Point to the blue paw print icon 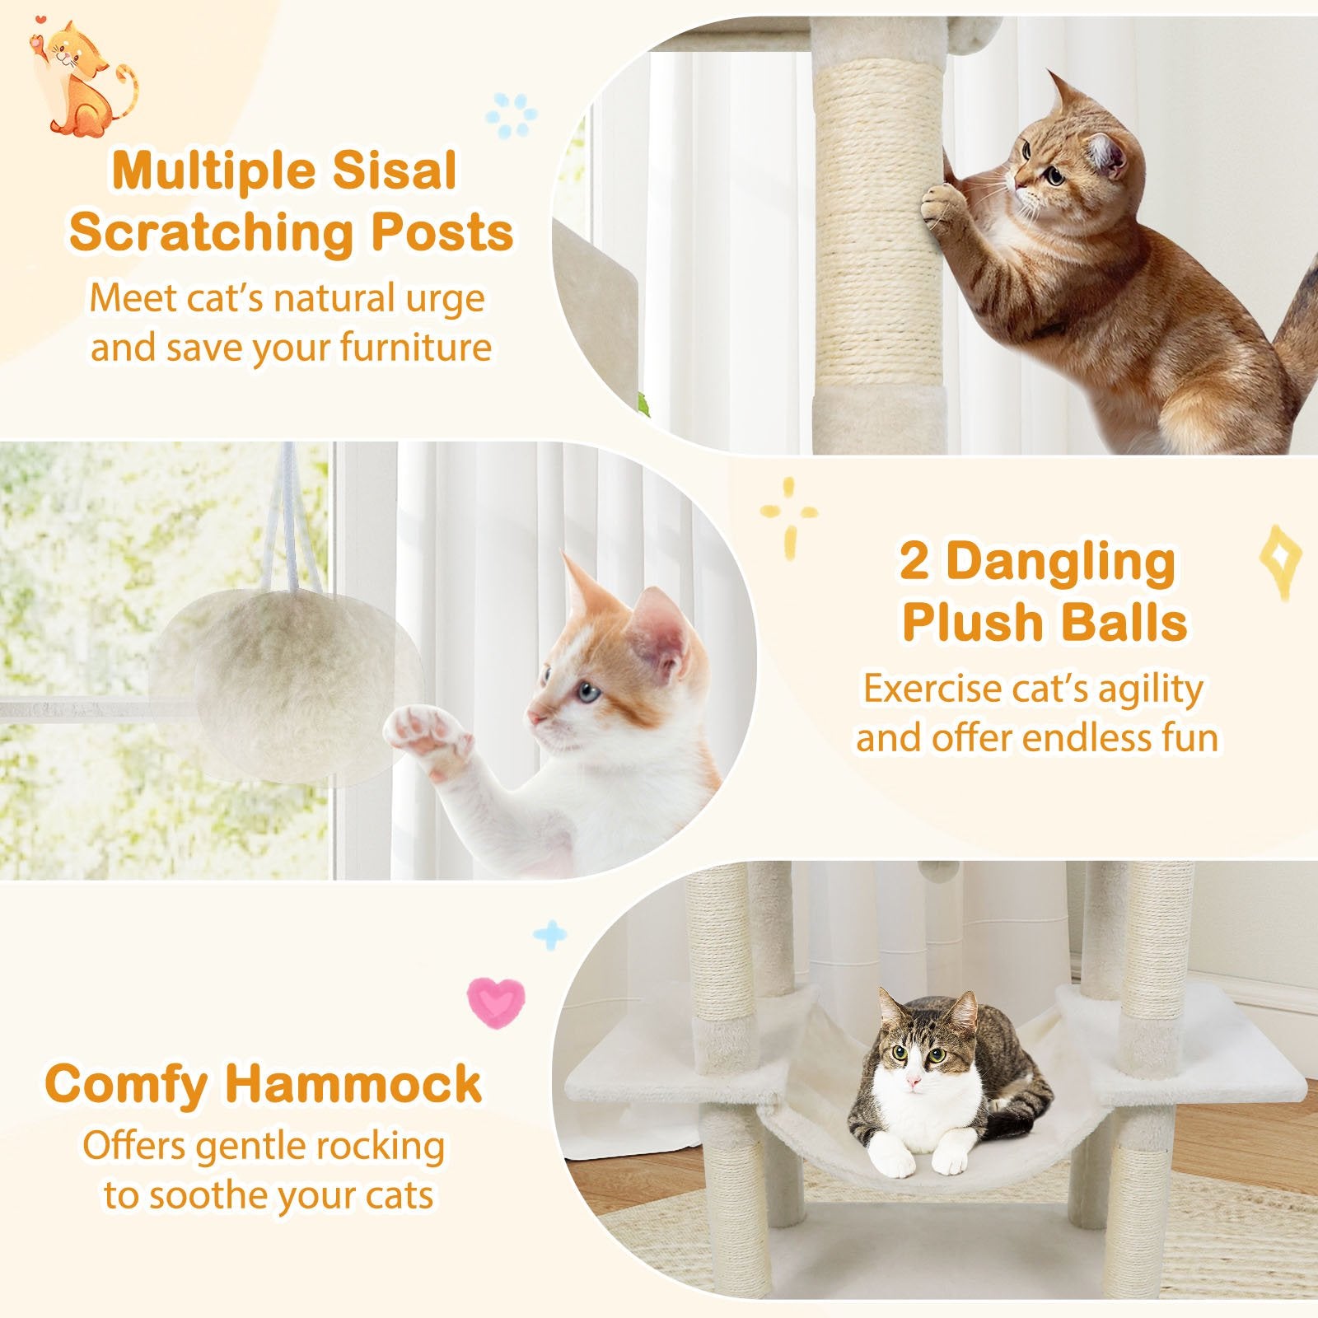[x=511, y=115]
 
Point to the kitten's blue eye [x=586, y=690]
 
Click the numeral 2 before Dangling [x=914, y=562]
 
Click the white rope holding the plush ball [x=290, y=519]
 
